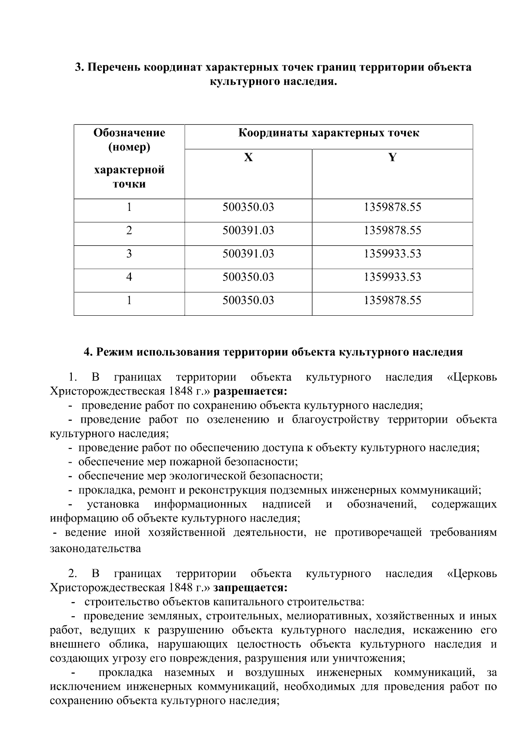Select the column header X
tap(248, 157)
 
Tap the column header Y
tap(392, 157)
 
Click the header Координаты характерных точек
tap(328, 133)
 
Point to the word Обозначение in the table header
tap(129, 133)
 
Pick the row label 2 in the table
tap(129, 230)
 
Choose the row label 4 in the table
tap(129, 277)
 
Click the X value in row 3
tap(248, 254)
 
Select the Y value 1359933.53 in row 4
tap(392, 277)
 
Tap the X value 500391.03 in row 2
tap(248, 230)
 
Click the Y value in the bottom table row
tap(392, 301)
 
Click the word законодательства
tap(96, 548)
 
